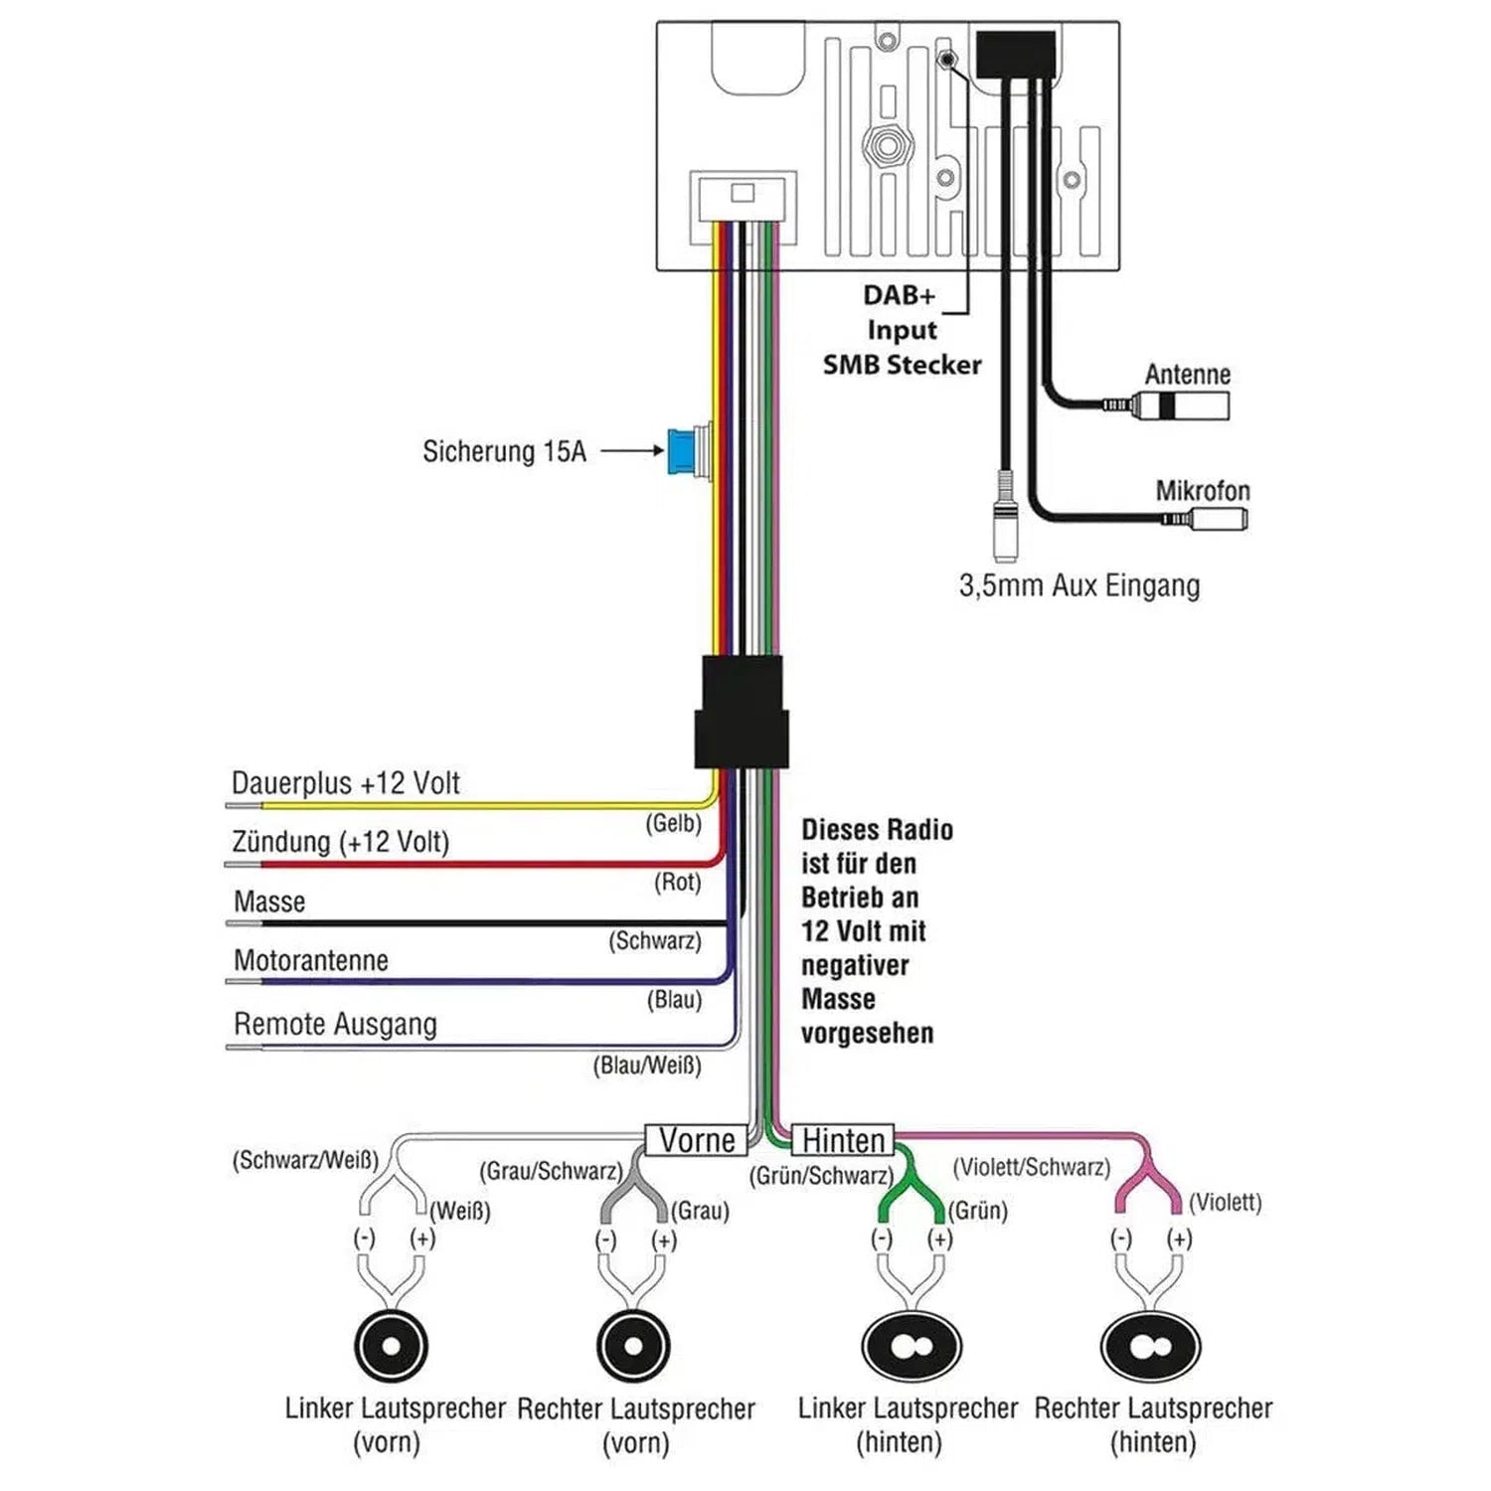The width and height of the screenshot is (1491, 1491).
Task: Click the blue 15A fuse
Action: click(682, 451)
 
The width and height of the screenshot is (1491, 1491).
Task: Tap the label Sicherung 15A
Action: click(504, 452)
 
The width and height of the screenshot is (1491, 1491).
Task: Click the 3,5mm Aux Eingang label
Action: click(1079, 585)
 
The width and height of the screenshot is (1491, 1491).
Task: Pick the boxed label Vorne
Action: click(697, 1140)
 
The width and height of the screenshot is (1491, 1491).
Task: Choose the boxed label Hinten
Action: click(843, 1140)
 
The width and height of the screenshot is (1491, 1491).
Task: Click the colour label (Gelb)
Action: click(674, 823)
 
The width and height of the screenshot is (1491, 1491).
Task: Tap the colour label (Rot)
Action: click(678, 882)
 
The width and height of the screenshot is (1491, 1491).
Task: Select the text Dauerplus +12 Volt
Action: click(345, 783)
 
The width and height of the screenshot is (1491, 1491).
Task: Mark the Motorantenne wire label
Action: click(311, 960)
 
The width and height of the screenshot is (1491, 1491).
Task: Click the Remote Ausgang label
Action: click(335, 1024)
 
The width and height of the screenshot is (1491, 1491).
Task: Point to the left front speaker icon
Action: click(391, 1347)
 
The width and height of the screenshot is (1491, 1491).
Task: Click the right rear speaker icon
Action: click(1151, 1347)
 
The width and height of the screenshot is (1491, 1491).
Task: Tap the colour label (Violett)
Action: click(1225, 1203)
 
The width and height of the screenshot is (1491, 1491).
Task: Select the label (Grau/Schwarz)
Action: click(551, 1171)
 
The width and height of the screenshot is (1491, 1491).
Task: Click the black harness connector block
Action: click(742, 712)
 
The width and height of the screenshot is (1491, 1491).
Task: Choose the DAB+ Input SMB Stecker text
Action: click(902, 330)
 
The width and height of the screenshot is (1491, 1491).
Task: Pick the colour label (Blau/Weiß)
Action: click(647, 1066)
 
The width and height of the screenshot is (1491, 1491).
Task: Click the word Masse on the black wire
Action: click(269, 902)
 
